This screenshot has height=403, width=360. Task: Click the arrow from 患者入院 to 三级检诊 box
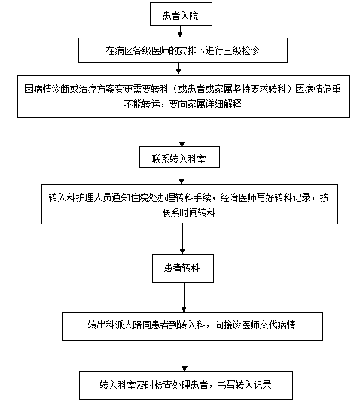(180, 32)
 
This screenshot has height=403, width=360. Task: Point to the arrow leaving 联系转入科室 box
(182, 176)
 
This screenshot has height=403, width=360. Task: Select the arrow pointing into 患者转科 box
(182, 239)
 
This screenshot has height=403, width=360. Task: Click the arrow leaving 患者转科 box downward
(184, 298)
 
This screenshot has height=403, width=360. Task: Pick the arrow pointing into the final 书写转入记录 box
(185, 356)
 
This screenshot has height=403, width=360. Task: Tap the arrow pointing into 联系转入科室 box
(182, 132)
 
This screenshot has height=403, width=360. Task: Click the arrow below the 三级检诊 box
(178, 69)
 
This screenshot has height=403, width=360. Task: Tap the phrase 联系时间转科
(188, 213)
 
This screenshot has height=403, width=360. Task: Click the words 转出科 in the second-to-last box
(101, 325)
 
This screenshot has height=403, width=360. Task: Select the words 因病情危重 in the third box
(318, 90)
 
